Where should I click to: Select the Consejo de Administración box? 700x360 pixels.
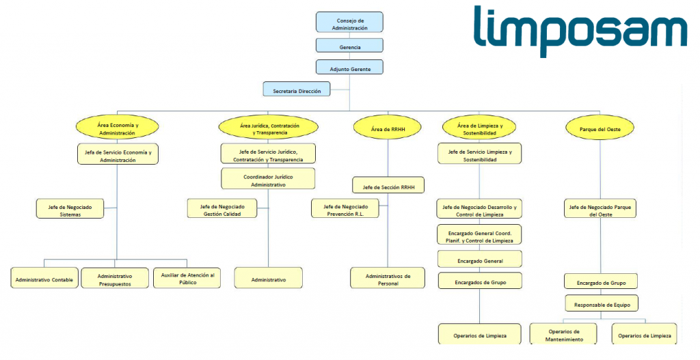coord(349,22)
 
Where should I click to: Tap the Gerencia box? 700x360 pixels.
coord(349,46)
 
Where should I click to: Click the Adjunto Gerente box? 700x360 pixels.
coord(349,67)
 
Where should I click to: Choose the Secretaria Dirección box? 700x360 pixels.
coord(297,89)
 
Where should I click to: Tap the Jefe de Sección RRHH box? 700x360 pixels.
coord(388,185)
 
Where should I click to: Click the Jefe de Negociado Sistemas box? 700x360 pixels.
coord(70,208)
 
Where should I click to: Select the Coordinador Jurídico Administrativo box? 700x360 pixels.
coord(268,179)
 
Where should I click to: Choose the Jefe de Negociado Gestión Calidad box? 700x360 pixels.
coord(222,208)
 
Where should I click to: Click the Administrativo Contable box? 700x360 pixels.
coord(44,278)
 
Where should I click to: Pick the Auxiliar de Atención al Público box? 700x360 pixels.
coord(187,278)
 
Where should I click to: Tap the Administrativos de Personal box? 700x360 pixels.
coord(387,278)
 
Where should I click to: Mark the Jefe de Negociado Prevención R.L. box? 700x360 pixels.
coord(345,208)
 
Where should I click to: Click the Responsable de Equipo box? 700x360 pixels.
coord(602,303)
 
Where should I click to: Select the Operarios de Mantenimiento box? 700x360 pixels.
coord(563,334)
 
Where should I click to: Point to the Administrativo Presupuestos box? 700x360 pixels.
coord(115,278)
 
